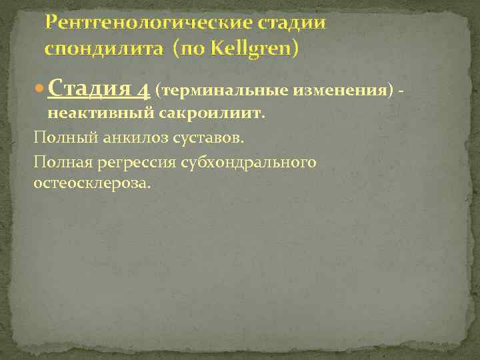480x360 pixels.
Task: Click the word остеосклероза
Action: [x=92, y=182]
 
